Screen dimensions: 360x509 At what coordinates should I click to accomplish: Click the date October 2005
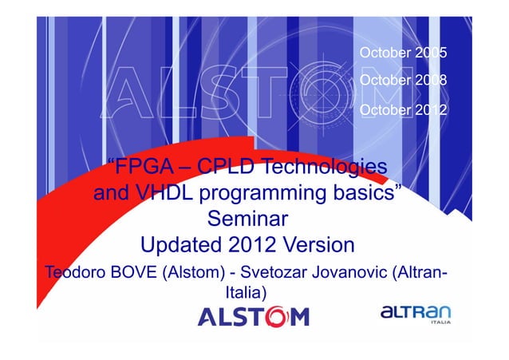[x=404, y=54]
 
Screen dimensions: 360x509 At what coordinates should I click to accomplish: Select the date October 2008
[x=404, y=81]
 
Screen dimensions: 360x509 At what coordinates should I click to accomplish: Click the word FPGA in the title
[x=144, y=168]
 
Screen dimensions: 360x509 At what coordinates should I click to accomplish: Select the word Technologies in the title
[x=324, y=168]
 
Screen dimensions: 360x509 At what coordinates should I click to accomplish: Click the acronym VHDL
[x=168, y=194]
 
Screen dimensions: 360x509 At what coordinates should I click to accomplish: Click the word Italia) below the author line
[x=247, y=295]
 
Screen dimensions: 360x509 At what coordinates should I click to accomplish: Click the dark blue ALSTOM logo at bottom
[x=253, y=318]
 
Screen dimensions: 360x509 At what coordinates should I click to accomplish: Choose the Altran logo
[x=415, y=313]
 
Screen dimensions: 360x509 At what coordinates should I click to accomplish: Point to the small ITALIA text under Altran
[x=439, y=323]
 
